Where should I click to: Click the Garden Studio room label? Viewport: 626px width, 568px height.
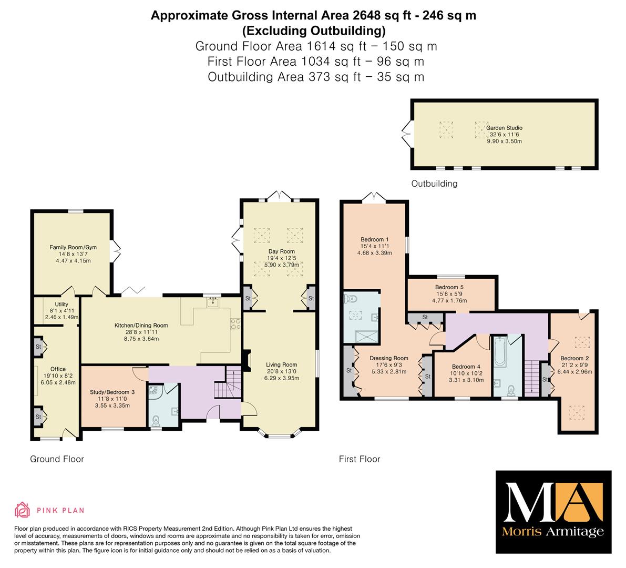[504, 128]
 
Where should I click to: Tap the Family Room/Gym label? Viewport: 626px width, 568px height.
[73, 247]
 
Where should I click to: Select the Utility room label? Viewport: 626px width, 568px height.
[61, 305]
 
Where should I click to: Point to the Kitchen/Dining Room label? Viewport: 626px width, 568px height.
[141, 326]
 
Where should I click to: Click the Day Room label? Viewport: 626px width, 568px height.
[281, 251]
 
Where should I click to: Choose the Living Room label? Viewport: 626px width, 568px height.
[281, 364]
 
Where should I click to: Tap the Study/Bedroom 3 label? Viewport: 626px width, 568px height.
[112, 392]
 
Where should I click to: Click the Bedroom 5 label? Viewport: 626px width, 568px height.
[449, 287]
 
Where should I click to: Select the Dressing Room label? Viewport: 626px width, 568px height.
[389, 358]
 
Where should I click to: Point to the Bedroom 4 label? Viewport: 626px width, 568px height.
[466, 367]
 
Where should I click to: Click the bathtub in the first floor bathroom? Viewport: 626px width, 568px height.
[500, 352]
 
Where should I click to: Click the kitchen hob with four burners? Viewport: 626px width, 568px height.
[235, 323]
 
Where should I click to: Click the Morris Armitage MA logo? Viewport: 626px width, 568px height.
[553, 512]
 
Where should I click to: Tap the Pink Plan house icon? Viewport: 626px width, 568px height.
[23, 510]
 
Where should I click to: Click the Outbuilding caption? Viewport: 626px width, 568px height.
[434, 184]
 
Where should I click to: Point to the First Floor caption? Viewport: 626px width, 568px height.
[360, 459]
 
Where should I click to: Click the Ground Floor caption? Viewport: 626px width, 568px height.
[57, 459]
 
